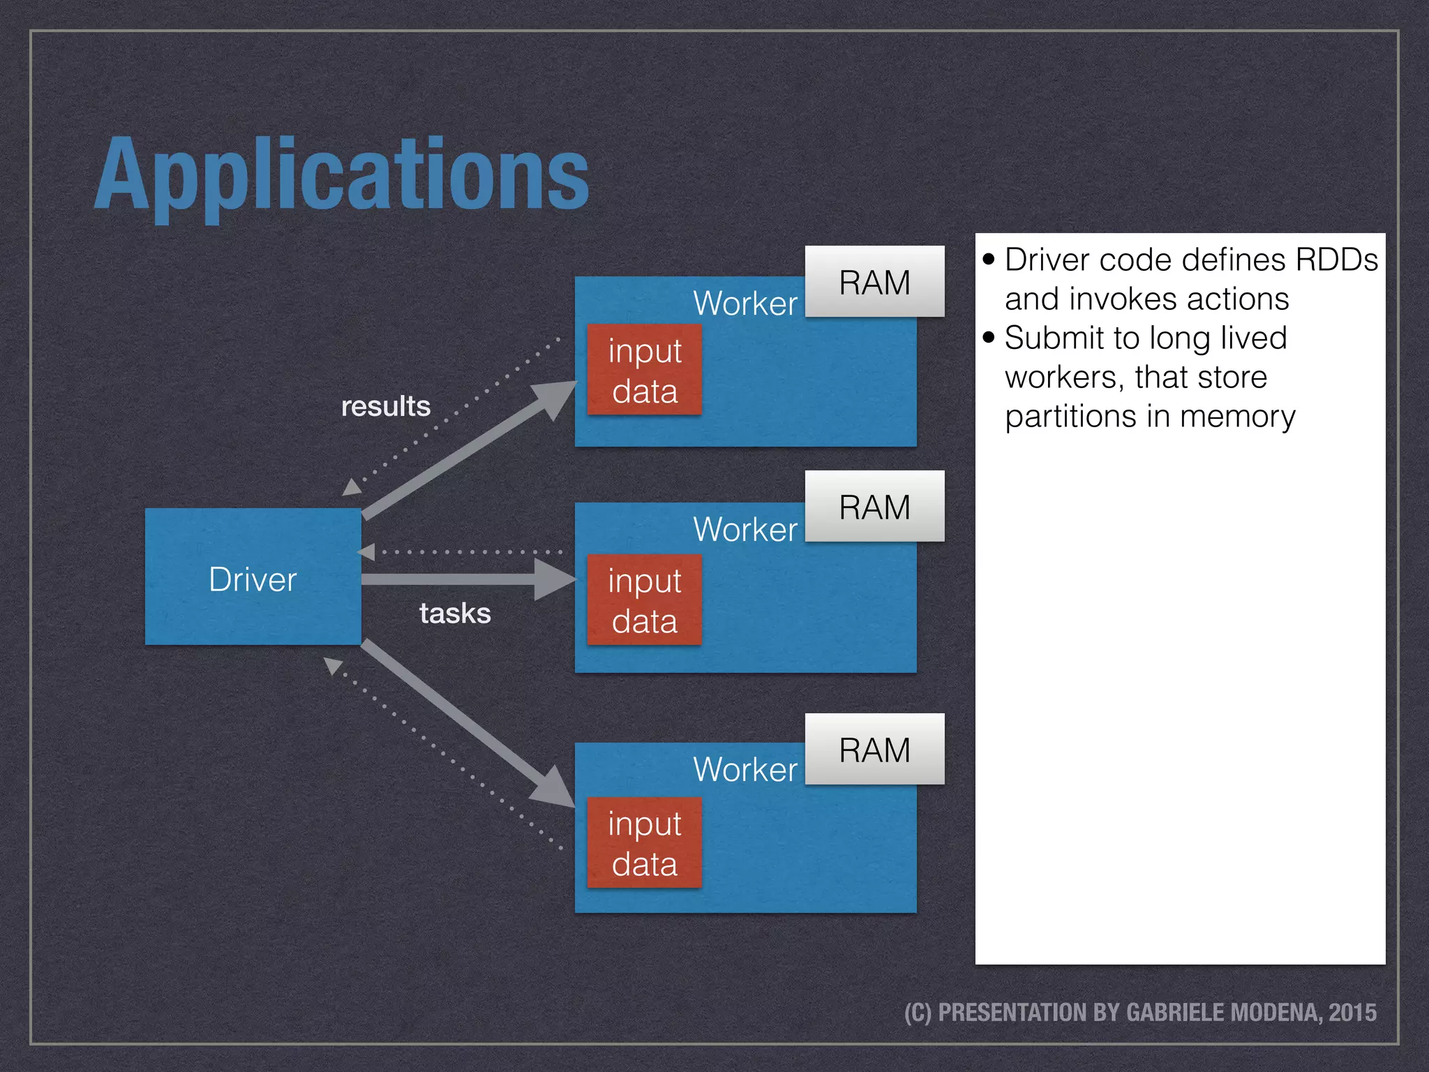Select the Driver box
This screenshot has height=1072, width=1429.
[x=253, y=577]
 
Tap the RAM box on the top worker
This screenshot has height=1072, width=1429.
[x=874, y=282]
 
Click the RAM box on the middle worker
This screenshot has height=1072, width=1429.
[x=874, y=507]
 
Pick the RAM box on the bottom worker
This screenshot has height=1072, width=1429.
[x=874, y=750]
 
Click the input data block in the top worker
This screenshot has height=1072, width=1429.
[x=644, y=370]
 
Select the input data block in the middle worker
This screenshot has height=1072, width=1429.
[x=644, y=600]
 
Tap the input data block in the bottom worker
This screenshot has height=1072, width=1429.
[x=644, y=843]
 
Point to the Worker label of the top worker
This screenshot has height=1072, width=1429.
[x=745, y=304]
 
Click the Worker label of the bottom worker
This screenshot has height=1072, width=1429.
[x=745, y=770]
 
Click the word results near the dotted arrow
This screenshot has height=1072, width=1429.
[x=385, y=406]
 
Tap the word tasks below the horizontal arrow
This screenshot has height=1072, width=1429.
[x=455, y=613]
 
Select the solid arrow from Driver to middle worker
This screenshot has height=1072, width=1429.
[x=454, y=579]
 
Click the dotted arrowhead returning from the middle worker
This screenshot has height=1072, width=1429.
[x=367, y=552]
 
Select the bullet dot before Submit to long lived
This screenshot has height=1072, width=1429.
[x=988, y=338]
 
